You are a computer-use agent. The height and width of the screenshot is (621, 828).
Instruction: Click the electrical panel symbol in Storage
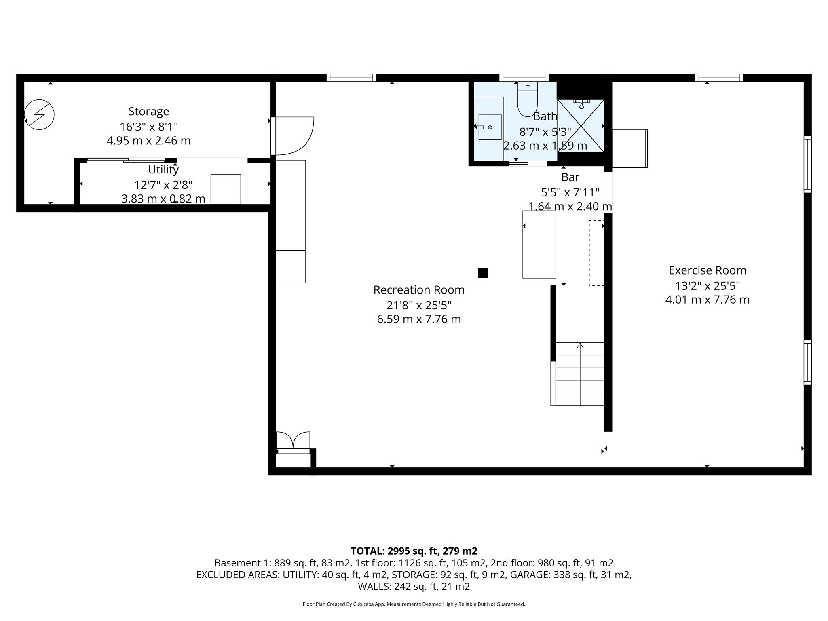coord(39,115)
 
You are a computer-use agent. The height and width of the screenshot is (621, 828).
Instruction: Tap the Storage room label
coord(148,111)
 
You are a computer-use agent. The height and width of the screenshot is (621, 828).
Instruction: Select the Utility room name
coord(163,169)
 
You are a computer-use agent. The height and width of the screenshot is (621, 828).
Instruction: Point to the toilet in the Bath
coord(527,99)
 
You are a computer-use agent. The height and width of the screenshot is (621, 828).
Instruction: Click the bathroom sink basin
coord(490,127)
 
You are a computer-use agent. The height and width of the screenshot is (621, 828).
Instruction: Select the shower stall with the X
coord(581,126)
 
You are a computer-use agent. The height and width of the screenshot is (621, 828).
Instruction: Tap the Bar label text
coord(570,177)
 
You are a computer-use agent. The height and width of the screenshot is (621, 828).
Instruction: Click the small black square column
coord(483,273)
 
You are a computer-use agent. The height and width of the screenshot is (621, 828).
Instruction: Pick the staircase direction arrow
coord(580,346)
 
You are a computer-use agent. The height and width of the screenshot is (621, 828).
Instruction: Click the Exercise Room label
coord(707,270)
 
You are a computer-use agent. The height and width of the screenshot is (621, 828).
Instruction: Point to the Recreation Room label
coord(418,290)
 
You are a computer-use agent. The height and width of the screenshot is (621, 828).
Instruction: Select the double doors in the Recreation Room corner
coord(293,440)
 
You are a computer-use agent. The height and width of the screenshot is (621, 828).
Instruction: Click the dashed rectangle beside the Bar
coord(596,253)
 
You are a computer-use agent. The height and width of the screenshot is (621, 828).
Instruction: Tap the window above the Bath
coord(524,78)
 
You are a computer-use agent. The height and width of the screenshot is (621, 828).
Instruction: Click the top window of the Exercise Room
coord(719,78)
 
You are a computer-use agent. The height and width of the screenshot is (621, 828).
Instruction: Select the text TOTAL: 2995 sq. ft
coord(414,551)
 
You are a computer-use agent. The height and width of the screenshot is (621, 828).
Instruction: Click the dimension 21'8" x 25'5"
coord(418,304)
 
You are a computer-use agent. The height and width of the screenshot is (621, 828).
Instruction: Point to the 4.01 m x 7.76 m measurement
coord(707,300)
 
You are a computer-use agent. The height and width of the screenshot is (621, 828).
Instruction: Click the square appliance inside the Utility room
coord(226,189)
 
